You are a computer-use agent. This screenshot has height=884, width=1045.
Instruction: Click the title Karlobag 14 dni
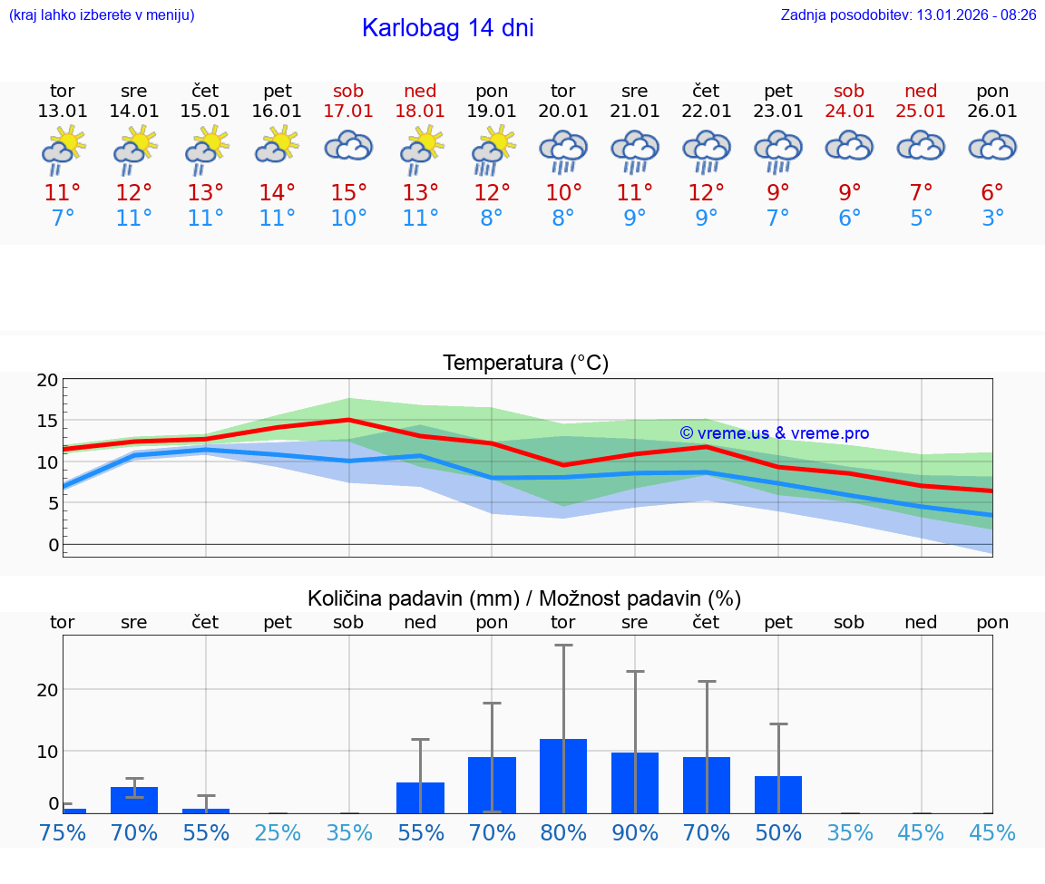pyautogui.click(x=447, y=28)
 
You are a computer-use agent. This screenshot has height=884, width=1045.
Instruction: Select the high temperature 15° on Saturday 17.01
pyautogui.click(x=349, y=192)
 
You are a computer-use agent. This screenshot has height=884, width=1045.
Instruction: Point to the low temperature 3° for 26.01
pyautogui.click(x=992, y=219)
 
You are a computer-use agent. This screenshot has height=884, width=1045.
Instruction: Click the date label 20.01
pyautogui.click(x=563, y=112)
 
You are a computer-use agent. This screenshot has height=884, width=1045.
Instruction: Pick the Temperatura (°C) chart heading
pyautogui.click(x=525, y=364)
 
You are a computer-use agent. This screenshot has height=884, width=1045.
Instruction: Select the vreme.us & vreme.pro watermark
pyautogui.click(x=774, y=433)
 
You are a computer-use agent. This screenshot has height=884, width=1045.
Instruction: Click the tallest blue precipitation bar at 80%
pyautogui.click(x=563, y=776)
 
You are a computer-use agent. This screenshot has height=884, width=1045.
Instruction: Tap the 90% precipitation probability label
pyautogui.click(x=635, y=832)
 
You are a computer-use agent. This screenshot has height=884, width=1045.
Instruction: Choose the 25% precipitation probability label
pyautogui.click(x=278, y=832)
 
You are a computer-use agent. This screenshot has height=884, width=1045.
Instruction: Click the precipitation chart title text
pyautogui.click(x=524, y=598)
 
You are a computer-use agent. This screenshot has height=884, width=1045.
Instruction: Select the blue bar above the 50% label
pyautogui.click(x=778, y=794)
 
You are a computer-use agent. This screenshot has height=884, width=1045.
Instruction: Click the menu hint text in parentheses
pyautogui.click(x=102, y=15)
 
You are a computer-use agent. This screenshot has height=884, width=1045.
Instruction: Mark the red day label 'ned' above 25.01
pyautogui.click(x=921, y=91)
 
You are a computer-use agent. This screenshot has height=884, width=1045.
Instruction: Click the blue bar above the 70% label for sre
pyautogui.click(x=134, y=800)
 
